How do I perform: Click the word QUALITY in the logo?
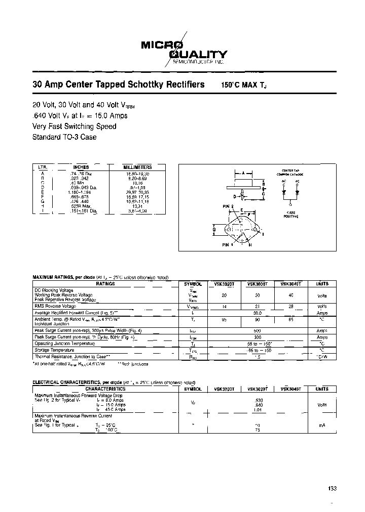199,54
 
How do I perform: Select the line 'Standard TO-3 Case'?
64,137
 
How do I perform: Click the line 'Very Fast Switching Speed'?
74,126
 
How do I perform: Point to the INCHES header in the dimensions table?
81,167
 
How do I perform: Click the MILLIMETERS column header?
137,167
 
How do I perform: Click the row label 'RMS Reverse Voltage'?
55,306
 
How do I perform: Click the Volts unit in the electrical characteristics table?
322,405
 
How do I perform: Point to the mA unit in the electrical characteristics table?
322,425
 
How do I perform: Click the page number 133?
333,489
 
